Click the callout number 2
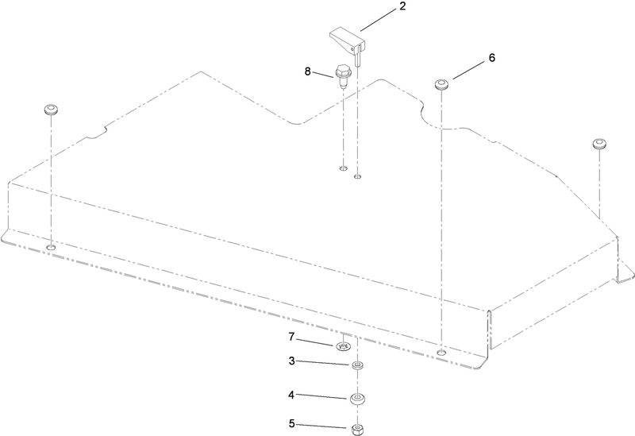(402, 6)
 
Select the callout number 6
(491, 58)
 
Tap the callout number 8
(308, 71)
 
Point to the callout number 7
(291, 338)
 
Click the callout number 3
(291, 361)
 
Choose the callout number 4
(291, 395)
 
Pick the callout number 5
(291, 424)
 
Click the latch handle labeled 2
(348, 44)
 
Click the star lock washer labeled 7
(343, 347)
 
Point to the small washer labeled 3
(356, 366)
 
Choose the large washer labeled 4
(357, 399)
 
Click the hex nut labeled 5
(356, 429)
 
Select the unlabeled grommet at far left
(51, 110)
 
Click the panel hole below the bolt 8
(344, 168)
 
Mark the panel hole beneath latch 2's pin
(357, 176)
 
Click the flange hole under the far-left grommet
(51, 247)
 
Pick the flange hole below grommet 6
(442, 353)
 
